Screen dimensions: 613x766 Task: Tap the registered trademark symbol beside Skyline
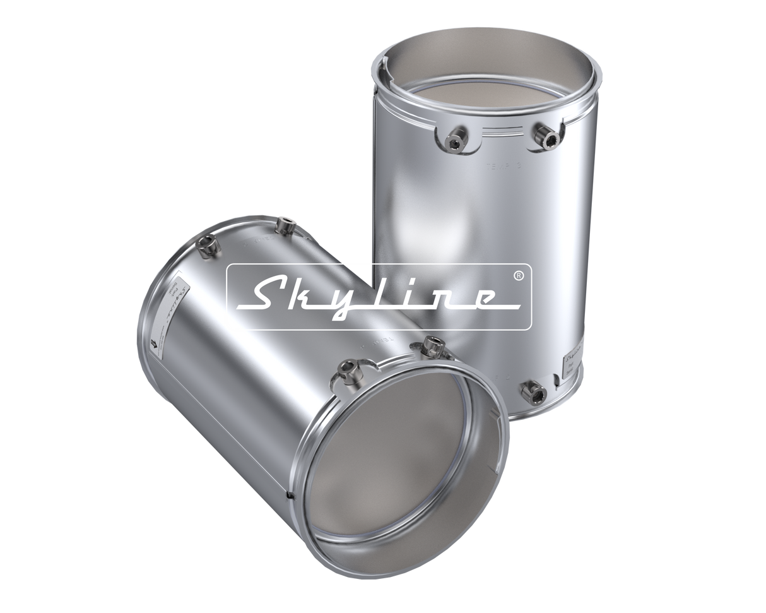tap(518, 276)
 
